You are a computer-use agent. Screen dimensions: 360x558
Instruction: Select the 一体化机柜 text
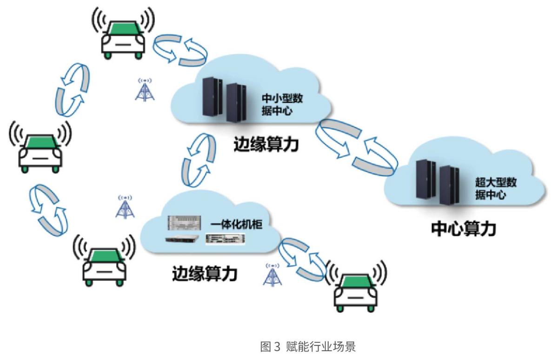237,225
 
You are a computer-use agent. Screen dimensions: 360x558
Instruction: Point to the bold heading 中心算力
463,229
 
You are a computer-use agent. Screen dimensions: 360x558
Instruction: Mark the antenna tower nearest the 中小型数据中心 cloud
144,88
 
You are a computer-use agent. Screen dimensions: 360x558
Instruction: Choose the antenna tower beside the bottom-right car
272,275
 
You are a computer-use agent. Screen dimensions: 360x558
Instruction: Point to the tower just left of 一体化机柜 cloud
124,207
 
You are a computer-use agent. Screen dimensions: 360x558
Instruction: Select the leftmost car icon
39,147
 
